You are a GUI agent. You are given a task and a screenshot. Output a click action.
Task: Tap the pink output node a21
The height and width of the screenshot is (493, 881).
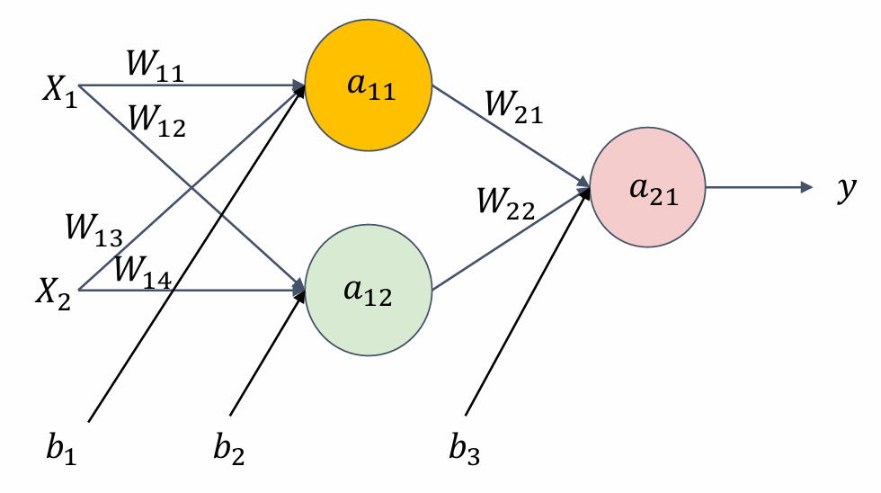tap(647, 188)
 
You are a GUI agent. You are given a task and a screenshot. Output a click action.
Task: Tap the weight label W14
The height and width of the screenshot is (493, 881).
tap(144, 272)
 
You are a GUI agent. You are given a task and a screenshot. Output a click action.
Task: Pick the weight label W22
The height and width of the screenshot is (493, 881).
tap(504, 207)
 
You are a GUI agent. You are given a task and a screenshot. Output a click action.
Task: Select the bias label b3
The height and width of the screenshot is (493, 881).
tap(465, 447)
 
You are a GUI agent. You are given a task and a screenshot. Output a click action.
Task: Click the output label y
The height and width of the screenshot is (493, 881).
tap(844, 191)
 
